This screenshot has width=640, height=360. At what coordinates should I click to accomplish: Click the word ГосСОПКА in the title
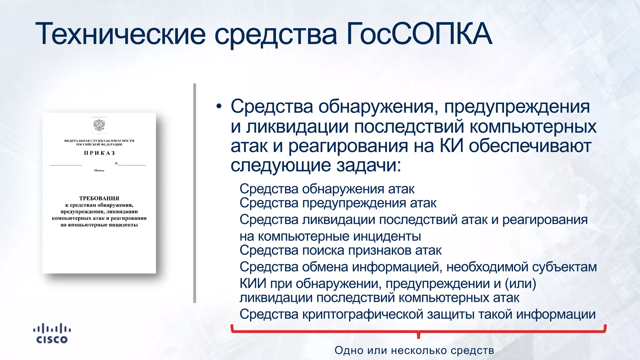click(419, 34)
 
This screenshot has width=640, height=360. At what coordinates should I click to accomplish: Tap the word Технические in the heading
click(121, 34)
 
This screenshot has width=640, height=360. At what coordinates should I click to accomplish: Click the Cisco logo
click(52, 334)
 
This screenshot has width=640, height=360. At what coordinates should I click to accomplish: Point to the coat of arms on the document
click(99, 126)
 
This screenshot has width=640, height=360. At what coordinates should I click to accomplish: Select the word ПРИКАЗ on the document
click(99, 153)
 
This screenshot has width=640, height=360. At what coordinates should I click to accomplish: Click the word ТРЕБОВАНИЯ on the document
click(99, 198)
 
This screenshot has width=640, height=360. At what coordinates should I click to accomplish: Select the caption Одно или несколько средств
click(414, 350)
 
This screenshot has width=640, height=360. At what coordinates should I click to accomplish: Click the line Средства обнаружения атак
click(327, 189)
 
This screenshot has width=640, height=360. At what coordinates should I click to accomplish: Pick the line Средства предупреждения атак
click(338, 203)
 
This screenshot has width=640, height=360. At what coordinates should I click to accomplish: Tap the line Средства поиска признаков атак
click(340, 250)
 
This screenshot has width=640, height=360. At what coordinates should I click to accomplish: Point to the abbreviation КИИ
click(253, 283)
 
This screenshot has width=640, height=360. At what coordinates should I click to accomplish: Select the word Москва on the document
click(99, 170)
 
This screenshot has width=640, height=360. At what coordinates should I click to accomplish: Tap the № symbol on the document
click(116, 163)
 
